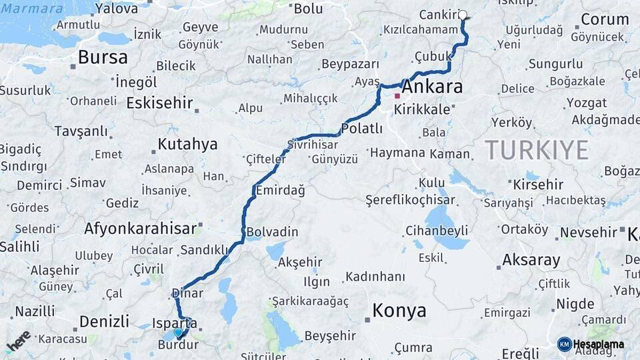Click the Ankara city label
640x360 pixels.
(433, 87)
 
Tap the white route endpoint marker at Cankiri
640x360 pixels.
(463, 15)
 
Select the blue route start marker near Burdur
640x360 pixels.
(178, 332)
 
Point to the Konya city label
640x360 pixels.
(399, 311)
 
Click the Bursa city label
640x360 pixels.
(103, 57)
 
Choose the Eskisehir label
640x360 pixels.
(159, 103)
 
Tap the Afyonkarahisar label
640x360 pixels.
(140, 228)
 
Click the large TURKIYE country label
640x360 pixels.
(537, 150)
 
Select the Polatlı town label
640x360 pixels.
(361, 128)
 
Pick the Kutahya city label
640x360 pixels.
(187, 144)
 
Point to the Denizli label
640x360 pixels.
(104, 321)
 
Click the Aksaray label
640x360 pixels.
(531, 260)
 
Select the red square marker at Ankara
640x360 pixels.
(397, 96)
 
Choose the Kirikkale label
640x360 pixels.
(422, 109)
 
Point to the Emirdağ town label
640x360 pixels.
(280, 191)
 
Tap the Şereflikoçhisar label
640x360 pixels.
(411, 199)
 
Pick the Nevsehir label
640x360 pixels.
(589, 233)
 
